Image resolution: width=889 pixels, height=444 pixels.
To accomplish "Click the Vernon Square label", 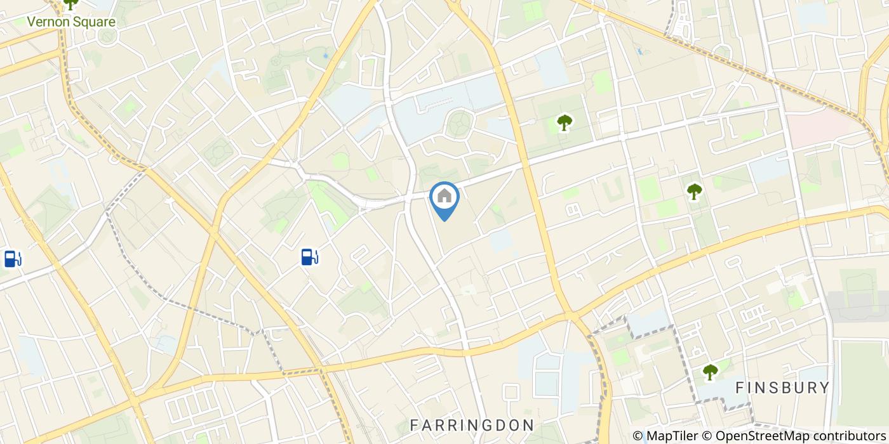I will tap(71, 22).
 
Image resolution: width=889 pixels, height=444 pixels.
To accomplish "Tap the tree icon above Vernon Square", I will tap(70, 4).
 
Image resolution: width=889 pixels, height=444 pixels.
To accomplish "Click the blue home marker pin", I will tap(444, 199).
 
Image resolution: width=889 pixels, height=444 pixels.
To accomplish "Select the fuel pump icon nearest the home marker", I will tap(309, 257).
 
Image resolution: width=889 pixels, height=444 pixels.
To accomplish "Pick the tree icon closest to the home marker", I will tap(563, 122).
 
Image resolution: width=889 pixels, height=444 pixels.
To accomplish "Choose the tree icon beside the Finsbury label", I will tap(709, 372).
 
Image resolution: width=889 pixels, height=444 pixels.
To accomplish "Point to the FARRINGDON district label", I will tap(471, 424).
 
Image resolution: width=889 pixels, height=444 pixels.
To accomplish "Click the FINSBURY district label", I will tap(782, 388).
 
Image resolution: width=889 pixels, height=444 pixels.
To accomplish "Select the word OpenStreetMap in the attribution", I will tap(756, 436).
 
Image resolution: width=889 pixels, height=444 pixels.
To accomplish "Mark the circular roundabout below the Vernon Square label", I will tap(107, 38).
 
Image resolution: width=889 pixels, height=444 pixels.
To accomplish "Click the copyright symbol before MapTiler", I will tap(638, 436).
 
